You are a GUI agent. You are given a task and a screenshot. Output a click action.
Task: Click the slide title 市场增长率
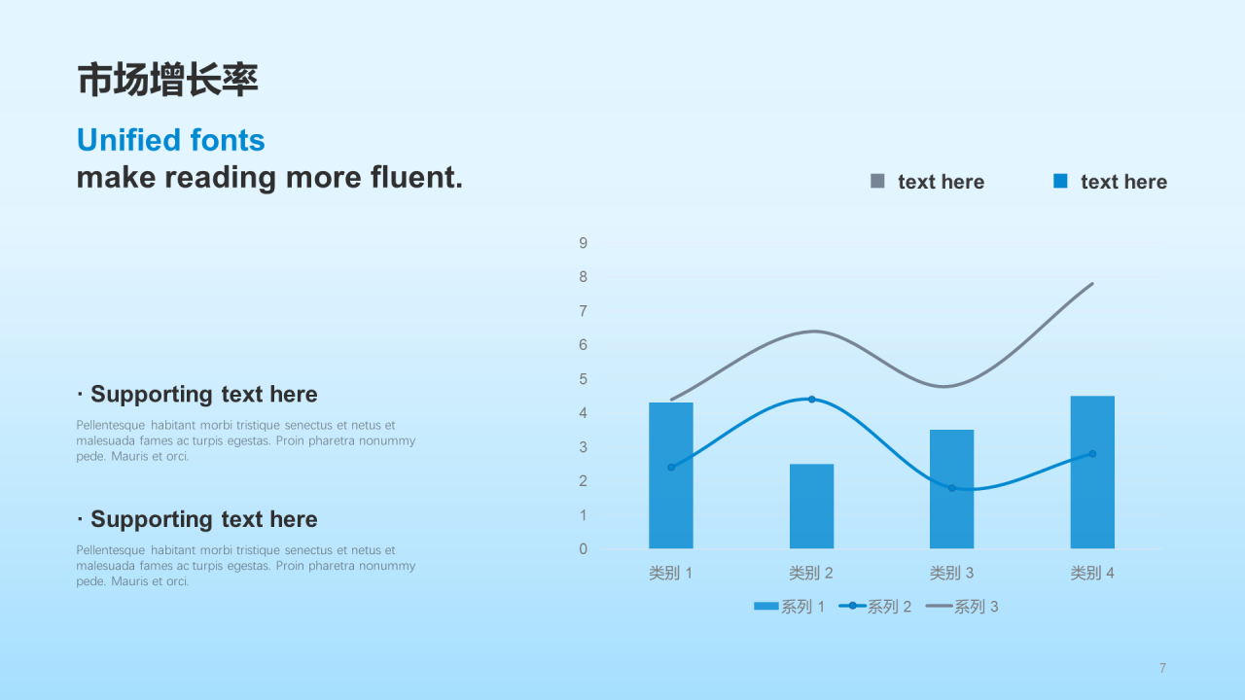167,80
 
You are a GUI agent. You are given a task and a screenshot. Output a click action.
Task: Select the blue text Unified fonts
170,140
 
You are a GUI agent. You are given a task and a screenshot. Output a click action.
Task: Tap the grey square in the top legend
877,181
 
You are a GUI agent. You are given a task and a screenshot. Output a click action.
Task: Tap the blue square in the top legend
1060,181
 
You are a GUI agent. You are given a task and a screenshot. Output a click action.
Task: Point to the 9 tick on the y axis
583,243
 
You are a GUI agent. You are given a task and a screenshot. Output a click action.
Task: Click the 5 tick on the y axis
583,379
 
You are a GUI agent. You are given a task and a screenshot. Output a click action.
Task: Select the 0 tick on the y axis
583,549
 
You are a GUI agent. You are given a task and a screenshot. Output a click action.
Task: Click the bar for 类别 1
671,475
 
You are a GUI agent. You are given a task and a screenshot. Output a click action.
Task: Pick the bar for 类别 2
811,507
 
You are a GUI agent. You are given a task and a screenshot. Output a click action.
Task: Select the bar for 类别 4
1092,472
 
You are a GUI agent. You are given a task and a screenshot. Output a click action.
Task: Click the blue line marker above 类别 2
811,400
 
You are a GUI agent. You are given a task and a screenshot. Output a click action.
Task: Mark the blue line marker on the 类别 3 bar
951,488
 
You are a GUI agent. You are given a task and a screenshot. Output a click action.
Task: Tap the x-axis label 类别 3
951,573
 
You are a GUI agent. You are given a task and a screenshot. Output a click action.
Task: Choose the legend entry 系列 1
789,607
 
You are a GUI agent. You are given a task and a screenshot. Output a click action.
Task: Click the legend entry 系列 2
874,607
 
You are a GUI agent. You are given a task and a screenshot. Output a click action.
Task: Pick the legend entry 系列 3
962,607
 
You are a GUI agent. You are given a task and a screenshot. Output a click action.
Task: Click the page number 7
1162,668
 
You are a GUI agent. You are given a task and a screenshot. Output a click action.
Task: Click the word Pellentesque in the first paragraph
110,426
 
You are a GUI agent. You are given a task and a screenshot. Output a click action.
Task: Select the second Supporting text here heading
197,519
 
